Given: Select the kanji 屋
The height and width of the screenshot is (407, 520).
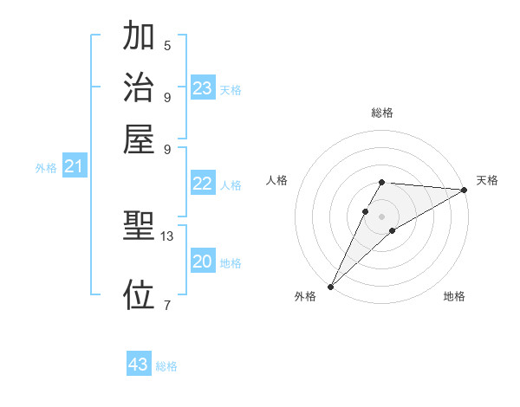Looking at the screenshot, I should point(139,139).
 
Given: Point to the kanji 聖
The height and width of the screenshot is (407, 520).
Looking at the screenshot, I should point(139,227).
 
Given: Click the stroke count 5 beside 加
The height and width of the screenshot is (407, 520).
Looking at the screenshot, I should point(167,45).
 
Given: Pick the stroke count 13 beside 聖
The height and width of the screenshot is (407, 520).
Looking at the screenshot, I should point(167,236).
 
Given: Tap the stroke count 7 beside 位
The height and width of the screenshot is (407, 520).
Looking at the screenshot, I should point(167,304).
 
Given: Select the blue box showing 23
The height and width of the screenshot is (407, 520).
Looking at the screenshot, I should point(203,88).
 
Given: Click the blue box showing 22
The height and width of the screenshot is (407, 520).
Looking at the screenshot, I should point(203,184).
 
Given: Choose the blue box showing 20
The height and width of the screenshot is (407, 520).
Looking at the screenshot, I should point(203,262).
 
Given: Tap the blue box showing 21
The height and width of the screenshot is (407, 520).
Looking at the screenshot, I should point(74,167).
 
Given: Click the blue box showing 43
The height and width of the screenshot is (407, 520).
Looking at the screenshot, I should point(139,365).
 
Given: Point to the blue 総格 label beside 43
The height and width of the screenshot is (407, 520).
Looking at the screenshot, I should point(166,366).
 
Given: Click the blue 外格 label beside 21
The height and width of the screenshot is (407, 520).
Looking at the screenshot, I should point(46,169).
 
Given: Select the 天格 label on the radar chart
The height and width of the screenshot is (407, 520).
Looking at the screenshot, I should point(487,180).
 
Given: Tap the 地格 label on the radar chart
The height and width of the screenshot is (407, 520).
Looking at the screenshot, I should point(454,297).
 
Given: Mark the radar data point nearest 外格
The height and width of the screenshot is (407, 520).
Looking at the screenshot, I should point(330,286).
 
